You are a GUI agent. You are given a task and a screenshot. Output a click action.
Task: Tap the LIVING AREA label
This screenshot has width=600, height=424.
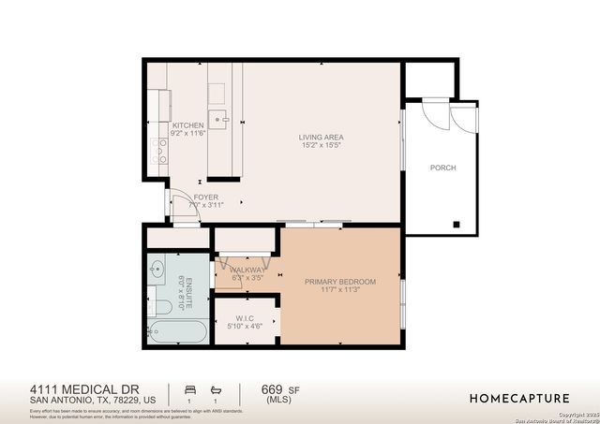pyautogui.click(x=321, y=135)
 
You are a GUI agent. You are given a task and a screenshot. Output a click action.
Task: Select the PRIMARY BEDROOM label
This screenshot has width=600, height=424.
pyautogui.click(x=339, y=282)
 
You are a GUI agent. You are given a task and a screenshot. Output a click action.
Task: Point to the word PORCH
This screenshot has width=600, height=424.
pyautogui.click(x=442, y=168)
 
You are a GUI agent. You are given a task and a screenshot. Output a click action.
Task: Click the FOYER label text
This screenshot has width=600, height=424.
pyautogui.click(x=205, y=197)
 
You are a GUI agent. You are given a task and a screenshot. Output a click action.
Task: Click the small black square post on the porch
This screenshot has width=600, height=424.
pyautogui.click(x=457, y=225)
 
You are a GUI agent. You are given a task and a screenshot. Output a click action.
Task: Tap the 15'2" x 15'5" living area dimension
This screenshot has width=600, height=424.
pyautogui.click(x=321, y=144)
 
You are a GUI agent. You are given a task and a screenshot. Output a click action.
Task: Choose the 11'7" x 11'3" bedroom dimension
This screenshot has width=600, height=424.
pyautogui.click(x=339, y=291)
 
